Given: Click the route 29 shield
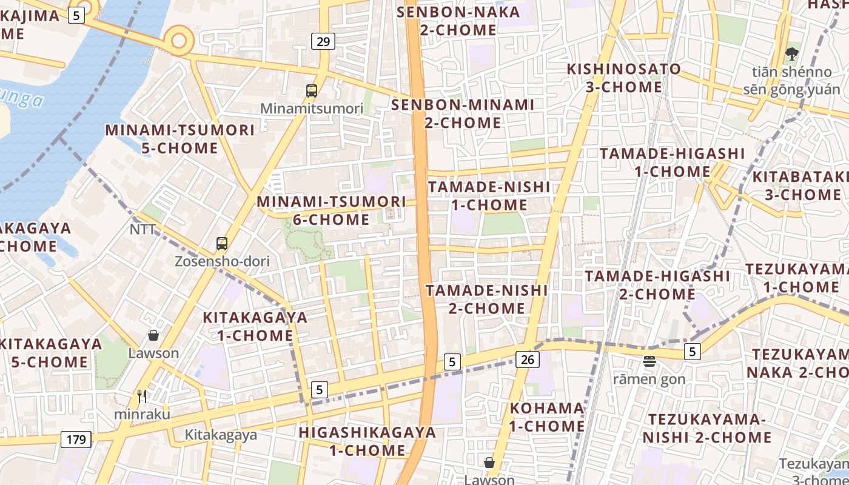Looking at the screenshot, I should pyautogui.click(x=323, y=41).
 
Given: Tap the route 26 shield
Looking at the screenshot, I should pyautogui.click(x=528, y=360).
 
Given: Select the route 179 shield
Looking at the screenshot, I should pyautogui.click(x=76, y=439).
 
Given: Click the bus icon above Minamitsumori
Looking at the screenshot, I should pyautogui.click(x=312, y=91).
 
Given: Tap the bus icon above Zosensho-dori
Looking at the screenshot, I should pyautogui.click(x=222, y=244).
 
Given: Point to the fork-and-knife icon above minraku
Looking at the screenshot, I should pyautogui.click(x=143, y=396).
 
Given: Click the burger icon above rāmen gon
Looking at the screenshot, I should pyautogui.click(x=649, y=362).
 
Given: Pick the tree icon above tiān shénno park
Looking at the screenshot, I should pyautogui.click(x=791, y=54).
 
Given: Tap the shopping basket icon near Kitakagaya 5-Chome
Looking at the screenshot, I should pyautogui.click(x=153, y=335).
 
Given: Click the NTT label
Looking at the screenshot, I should pyautogui.click(x=143, y=229).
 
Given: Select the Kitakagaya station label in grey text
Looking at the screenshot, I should pyautogui.click(x=221, y=435).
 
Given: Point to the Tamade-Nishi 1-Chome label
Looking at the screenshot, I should pyautogui.click(x=489, y=196).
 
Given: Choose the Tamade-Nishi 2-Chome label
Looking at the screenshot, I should pyautogui.click(x=486, y=299).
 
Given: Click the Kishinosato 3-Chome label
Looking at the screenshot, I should pyautogui.click(x=623, y=78).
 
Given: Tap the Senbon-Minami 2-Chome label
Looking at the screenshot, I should pyautogui.click(x=463, y=113).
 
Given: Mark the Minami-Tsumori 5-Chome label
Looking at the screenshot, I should pyautogui.click(x=180, y=139).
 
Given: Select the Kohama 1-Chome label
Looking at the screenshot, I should pyautogui.click(x=547, y=416).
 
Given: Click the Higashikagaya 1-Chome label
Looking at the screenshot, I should pyautogui.click(x=367, y=441).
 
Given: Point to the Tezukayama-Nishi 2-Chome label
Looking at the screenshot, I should pyautogui.click(x=707, y=428).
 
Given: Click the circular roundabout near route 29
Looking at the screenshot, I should pyautogui.click(x=180, y=41).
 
